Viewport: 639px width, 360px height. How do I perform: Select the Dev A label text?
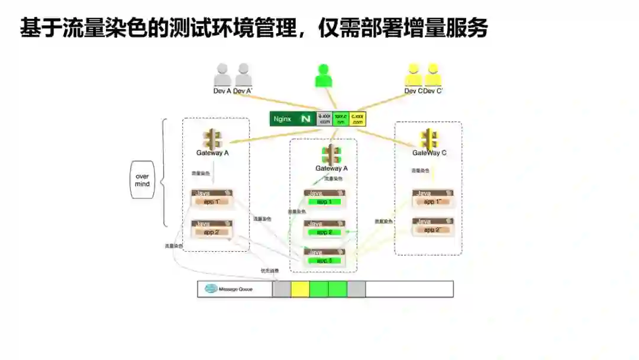[222, 91]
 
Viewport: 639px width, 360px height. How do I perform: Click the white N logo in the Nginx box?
[306, 119]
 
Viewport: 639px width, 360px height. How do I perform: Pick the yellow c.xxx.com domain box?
[357, 119]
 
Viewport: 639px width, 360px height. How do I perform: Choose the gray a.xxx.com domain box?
[324, 119]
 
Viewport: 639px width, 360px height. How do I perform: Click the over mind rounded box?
[142, 179]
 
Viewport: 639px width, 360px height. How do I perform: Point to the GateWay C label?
[429, 153]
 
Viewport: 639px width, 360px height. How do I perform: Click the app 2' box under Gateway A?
[211, 232]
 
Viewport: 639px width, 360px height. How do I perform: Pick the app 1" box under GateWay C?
[433, 202]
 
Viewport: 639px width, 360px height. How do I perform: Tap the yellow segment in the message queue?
[300, 289]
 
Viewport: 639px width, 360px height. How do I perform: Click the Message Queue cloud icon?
[211, 289]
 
